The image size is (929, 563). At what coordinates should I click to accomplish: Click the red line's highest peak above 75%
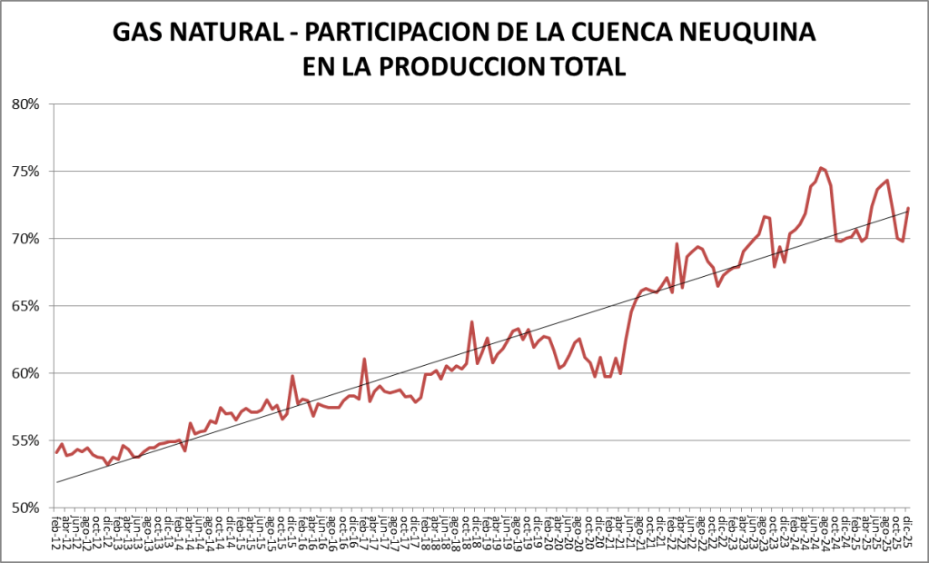pyautogui.click(x=820, y=167)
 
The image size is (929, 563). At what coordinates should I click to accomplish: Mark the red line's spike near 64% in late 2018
pyautogui.click(x=471, y=321)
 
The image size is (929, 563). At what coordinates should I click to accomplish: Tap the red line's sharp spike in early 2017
pyautogui.click(x=364, y=359)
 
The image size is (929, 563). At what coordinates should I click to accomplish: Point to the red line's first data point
pyautogui.click(x=56, y=452)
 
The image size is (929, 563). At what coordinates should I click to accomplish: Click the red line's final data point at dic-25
pyautogui.click(x=908, y=209)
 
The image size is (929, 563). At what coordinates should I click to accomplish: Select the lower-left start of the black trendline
pyautogui.click(x=56, y=481)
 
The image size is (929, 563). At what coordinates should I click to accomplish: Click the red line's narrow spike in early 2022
pyautogui.click(x=677, y=243)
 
